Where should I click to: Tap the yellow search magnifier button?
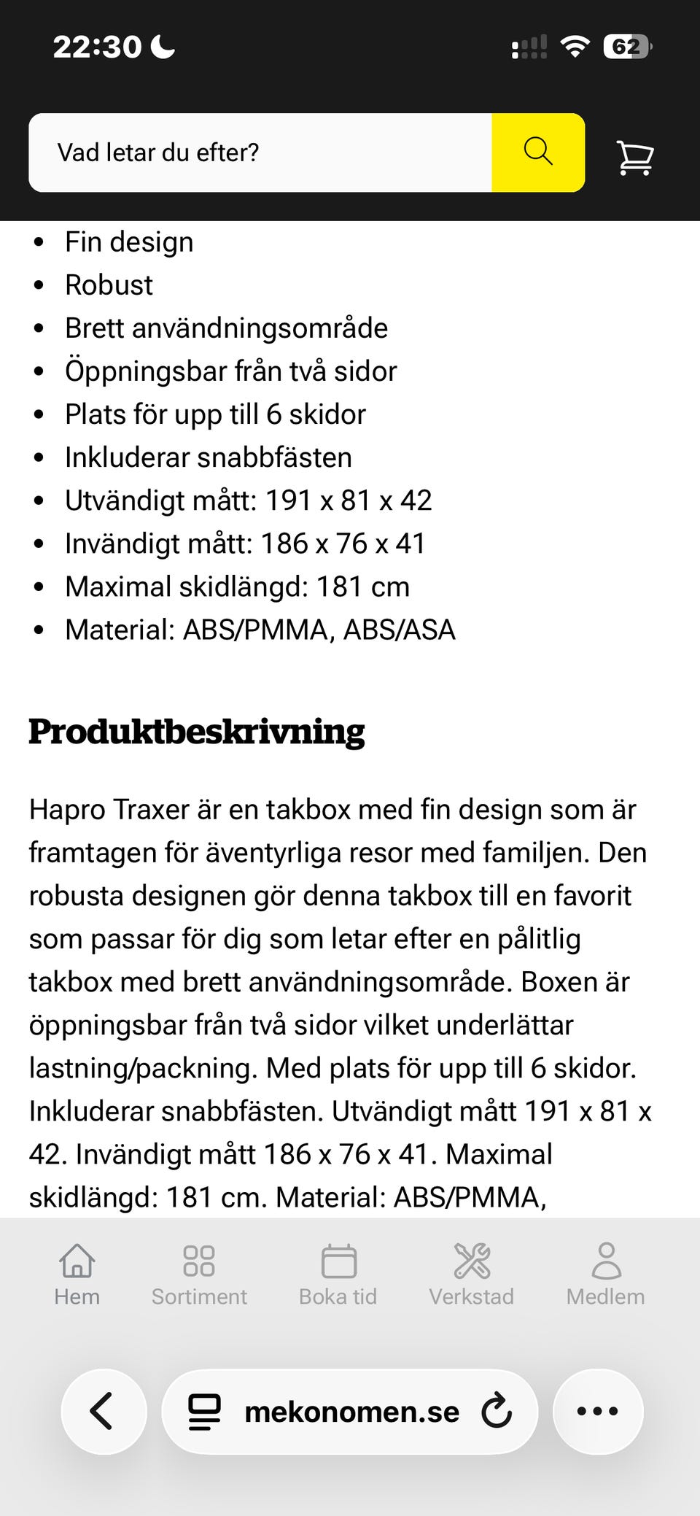click(x=538, y=152)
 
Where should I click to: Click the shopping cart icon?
click(x=635, y=157)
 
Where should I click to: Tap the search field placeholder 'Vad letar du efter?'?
click(x=158, y=152)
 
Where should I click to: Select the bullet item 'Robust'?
click(x=109, y=285)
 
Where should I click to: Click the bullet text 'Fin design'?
click(x=129, y=241)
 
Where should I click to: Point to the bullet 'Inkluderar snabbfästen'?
click(x=208, y=457)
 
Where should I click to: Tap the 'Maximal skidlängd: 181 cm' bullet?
click(x=237, y=586)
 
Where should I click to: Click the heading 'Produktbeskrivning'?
click(x=197, y=731)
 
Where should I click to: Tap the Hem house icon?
click(x=77, y=1261)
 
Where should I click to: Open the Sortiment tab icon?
click(x=199, y=1261)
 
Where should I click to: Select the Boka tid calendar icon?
click(x=338, y=1261)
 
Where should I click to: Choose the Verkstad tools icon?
click(x=472, y=1261)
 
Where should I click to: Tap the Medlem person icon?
click(x=606, y=1261)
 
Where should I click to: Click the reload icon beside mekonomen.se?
click(x=497, y=1411)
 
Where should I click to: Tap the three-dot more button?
click(x=598, y=1411)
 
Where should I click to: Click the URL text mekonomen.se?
click(x=351, y=1412)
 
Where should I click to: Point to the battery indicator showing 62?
click(x=627, y=47)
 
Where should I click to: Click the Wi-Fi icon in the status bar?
click(x=575, y=47)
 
